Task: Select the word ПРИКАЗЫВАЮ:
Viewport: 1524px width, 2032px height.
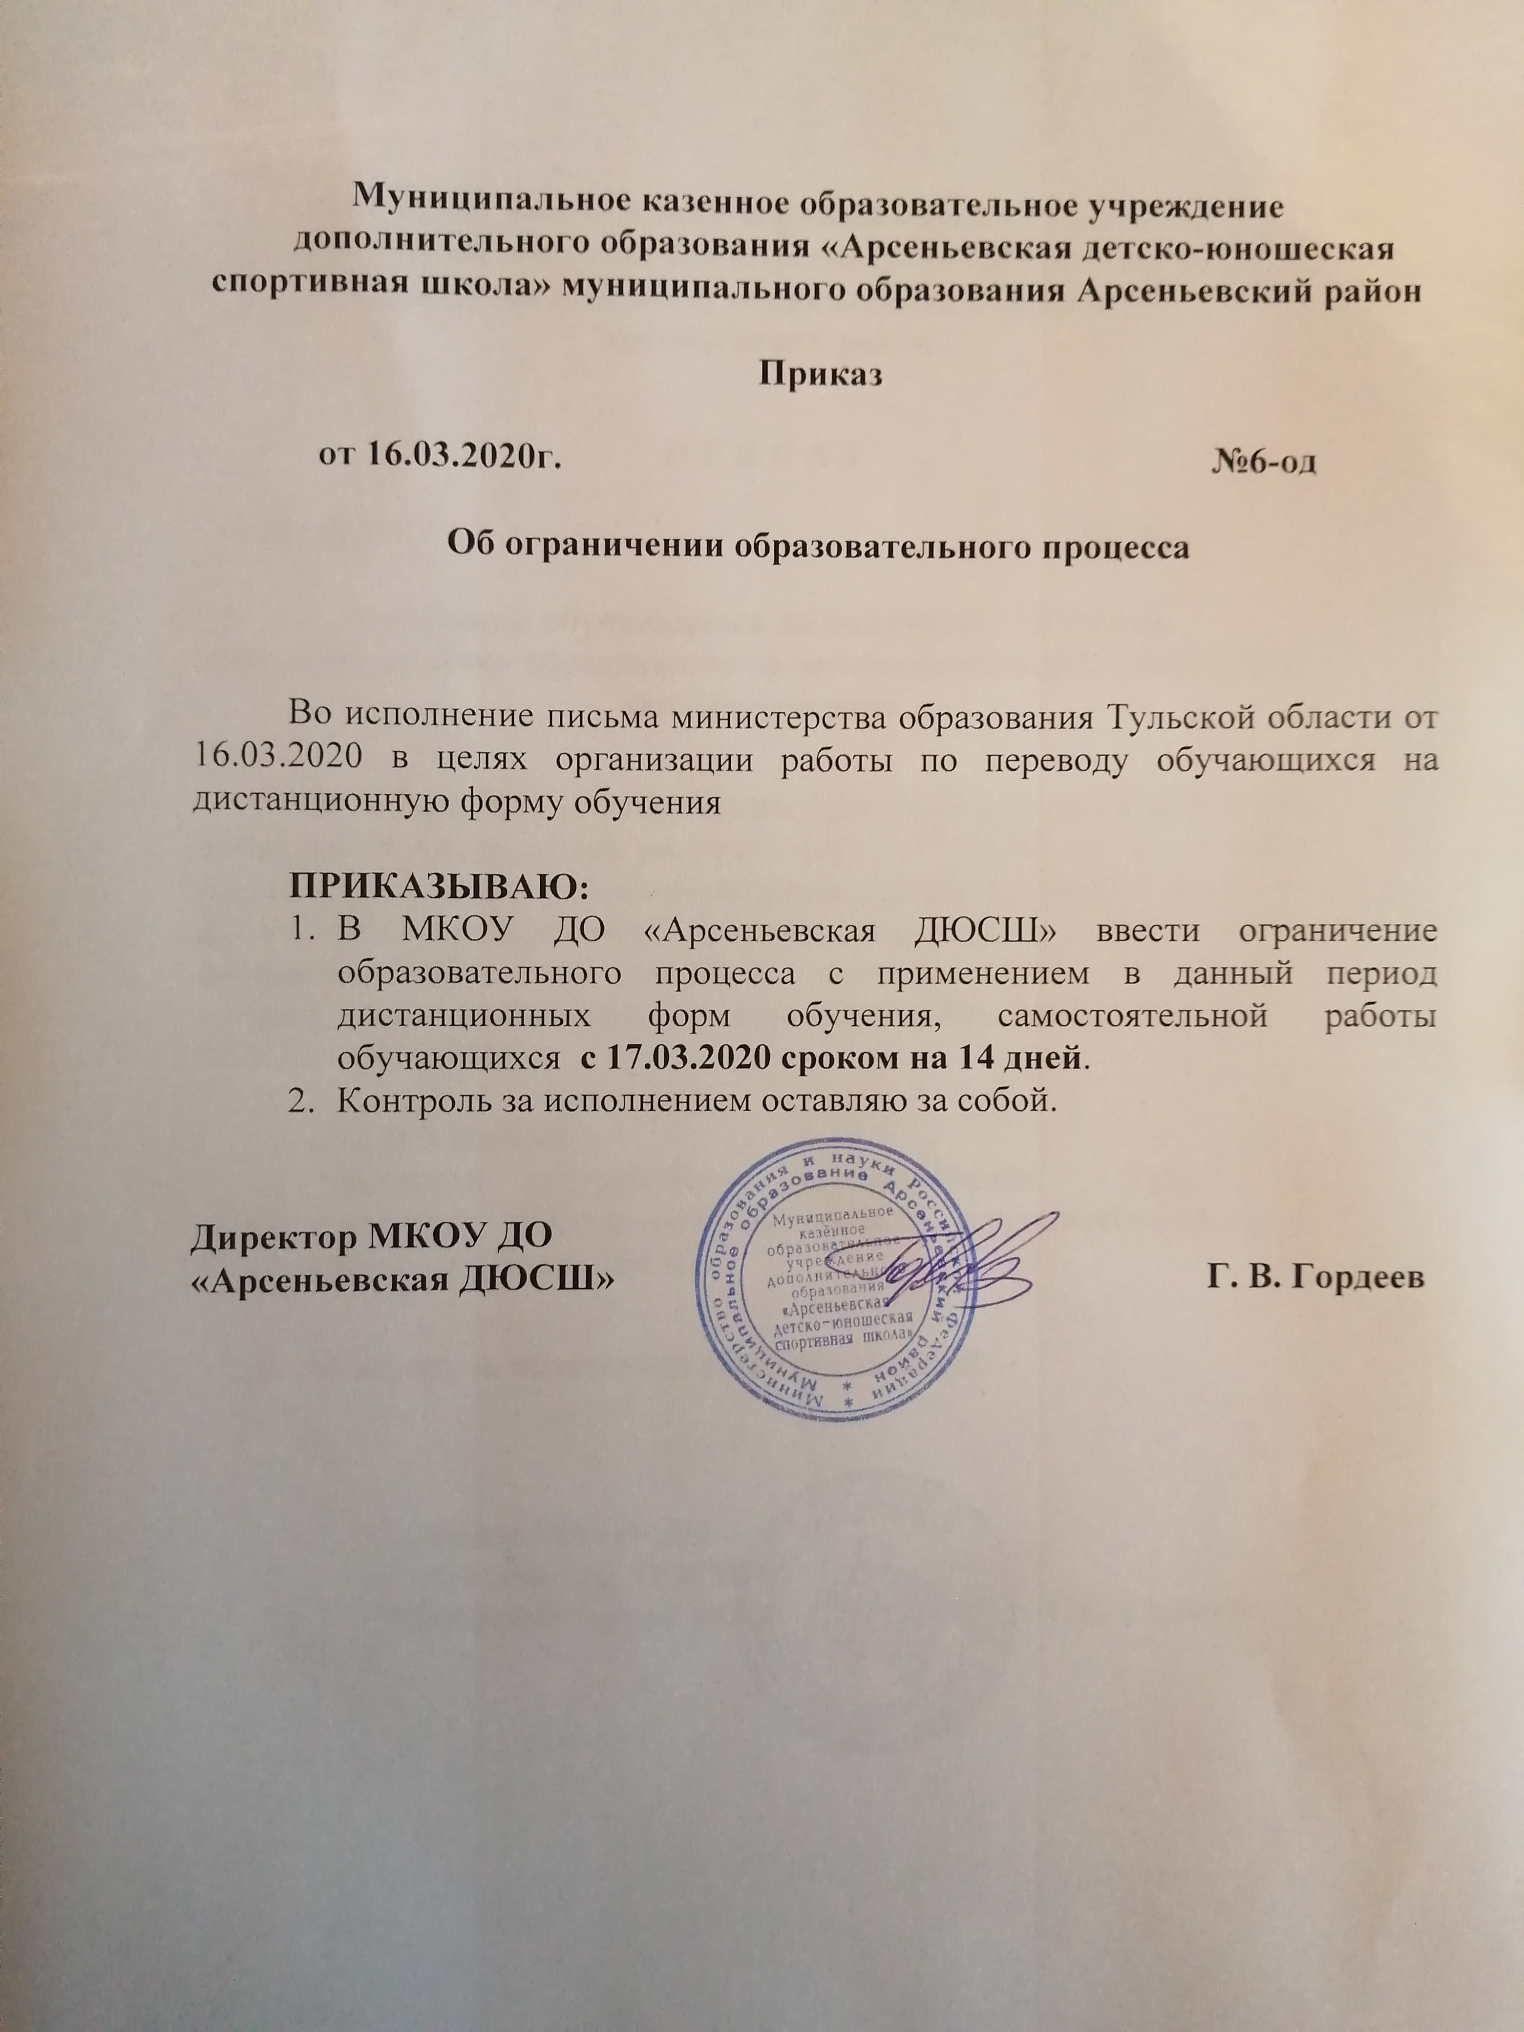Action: tap(437, 889)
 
